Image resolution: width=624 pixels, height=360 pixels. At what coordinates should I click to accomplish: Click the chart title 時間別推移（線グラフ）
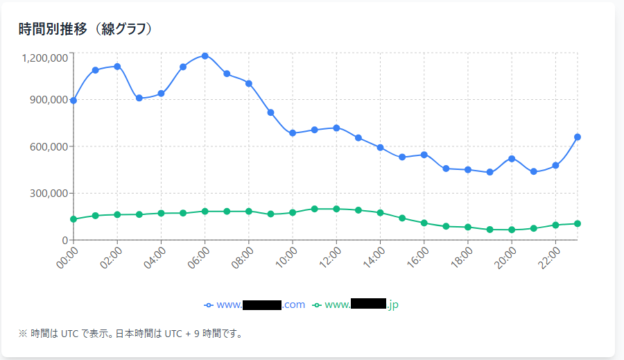(x=86, y=29)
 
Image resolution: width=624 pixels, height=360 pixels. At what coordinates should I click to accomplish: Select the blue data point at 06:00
(x=205, y=55)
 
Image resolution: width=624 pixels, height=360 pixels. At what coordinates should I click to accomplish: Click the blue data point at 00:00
(x=73, y=101)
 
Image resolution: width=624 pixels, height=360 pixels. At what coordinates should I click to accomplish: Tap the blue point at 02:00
(x=117, y=67)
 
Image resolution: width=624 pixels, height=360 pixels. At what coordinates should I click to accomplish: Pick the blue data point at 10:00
(x=293, y=133)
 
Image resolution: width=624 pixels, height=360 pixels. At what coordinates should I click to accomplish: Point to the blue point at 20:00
(x=512, y=159)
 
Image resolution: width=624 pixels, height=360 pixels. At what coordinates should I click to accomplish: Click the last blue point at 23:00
(x=578, y=137)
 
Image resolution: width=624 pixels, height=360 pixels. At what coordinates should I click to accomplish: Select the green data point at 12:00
(x=336, y=209)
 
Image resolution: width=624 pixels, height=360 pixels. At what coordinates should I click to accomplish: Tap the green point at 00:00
(x=73, y=219)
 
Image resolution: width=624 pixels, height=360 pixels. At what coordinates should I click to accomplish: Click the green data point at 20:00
(x=512, y=230)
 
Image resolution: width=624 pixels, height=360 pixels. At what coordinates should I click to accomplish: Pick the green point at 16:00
(x=424, y=223)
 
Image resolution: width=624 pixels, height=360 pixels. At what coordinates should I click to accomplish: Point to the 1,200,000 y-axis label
(x=45, y=58)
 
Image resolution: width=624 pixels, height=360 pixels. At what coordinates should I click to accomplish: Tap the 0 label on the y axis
(x=63, y=240)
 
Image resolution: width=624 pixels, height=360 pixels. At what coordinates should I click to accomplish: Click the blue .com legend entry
(x=254, y=305)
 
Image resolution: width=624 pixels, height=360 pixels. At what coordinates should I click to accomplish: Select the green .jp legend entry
(x=356, y=305)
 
